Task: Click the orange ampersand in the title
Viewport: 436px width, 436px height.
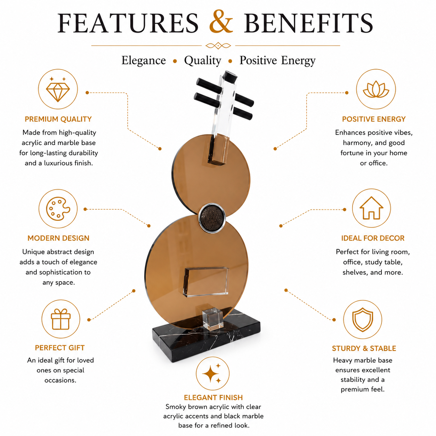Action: point(221,22)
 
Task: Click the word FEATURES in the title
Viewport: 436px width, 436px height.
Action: point(128,23)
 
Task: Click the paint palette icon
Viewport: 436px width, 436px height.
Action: point(58,209)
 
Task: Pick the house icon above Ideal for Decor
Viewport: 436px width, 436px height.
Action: point(371,208)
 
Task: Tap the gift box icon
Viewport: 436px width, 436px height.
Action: point(60,319)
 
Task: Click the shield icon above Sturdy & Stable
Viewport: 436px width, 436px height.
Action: point(363,320)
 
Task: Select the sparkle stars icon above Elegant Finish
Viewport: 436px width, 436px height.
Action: point(212,373)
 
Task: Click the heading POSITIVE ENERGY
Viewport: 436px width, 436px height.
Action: point(373,119)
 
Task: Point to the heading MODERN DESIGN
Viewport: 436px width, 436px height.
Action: point(58,238)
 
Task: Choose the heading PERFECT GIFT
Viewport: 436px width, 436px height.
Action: point(60,348)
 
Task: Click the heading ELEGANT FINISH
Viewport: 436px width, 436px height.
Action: point(213,397)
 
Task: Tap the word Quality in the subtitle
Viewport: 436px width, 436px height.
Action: point(202,60)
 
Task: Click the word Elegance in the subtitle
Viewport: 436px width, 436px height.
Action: point(144,60)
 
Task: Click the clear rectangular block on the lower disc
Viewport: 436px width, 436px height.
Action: point(206,282)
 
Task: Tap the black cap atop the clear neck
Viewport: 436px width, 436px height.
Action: point(230,76)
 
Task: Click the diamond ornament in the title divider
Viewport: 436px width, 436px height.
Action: point(218,46)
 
